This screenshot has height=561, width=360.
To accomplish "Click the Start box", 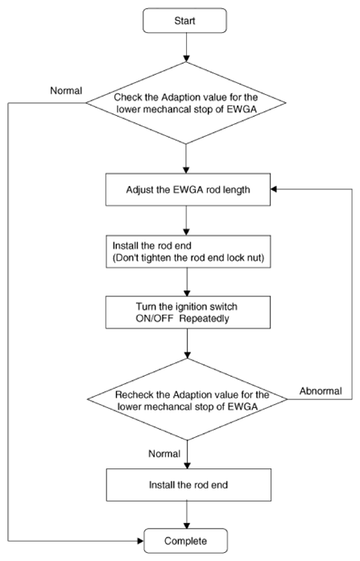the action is [184, 21].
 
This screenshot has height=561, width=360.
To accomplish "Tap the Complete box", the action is [185, 541].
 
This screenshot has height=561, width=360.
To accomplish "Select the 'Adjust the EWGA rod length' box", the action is [188, 190].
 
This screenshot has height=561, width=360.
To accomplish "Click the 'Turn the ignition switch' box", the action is [188, 312].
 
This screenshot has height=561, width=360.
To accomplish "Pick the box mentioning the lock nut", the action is [188, 251].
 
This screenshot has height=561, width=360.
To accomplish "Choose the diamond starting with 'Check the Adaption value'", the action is [186, 103].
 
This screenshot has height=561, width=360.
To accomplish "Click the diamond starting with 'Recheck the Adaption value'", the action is [188, 399].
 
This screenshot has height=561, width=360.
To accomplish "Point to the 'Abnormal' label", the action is [321, 390].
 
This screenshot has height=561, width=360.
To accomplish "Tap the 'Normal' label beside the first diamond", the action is [66, 90].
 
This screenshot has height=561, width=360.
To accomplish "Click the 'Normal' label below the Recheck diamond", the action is [164, 454].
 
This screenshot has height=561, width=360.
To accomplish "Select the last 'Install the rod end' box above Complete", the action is [188, 485].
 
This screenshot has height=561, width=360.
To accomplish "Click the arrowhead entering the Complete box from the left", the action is [141, 541].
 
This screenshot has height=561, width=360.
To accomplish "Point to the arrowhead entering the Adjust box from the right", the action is [274, 189].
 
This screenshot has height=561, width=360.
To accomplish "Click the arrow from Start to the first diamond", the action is [186, 47].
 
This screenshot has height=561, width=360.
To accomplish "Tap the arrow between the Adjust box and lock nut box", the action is [186, 221].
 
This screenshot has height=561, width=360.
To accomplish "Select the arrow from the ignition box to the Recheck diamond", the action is [187, 344].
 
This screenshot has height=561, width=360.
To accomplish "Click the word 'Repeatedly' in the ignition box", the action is [204, 319].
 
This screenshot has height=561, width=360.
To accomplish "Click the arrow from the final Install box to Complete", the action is [187, 514].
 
